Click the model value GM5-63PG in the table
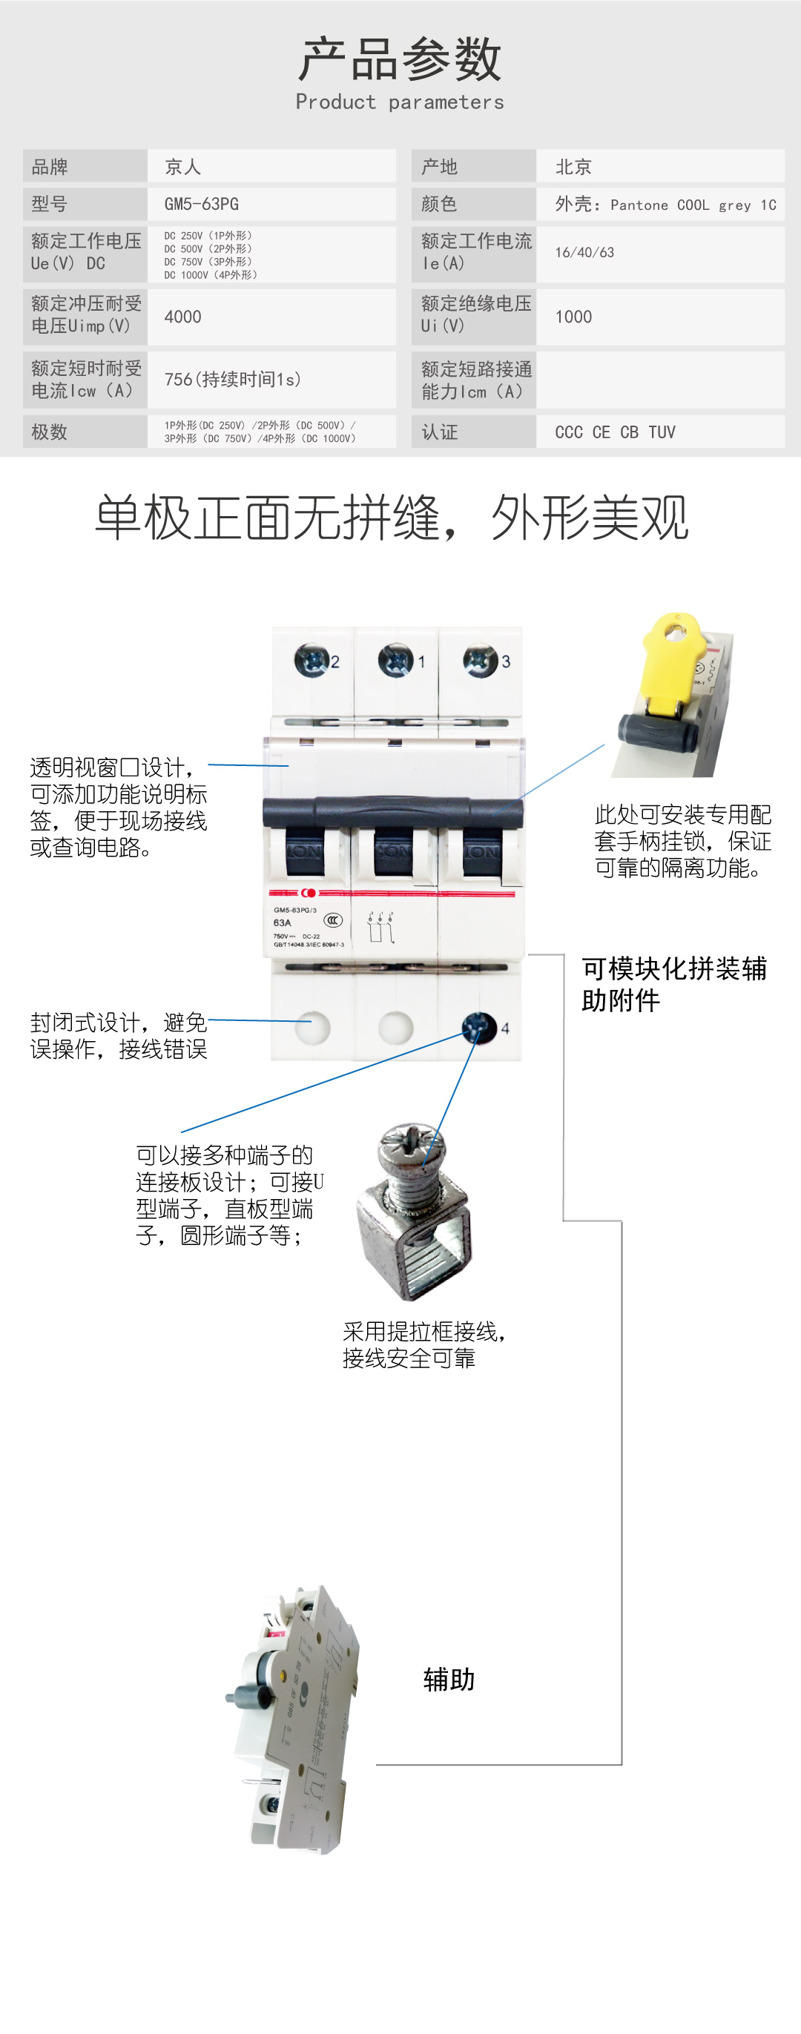[x=202, y=205]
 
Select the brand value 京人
[x=182, y=167]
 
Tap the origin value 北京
[x=573, y=167]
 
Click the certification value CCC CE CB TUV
[x=615, y=432]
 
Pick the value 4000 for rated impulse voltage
[x=182, y=317]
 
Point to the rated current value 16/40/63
[x=584, y=253]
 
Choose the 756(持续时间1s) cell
[x=232, y=380]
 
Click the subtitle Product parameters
[x=400, y=102]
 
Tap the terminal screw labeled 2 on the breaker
[x=311, y=660]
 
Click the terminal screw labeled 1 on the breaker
[x=396, y=660]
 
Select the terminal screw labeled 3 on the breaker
[x=480, y=660]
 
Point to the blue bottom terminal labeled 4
[x=478, y=1026]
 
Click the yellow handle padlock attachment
[x=671, y=663]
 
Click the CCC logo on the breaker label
[x=333, y=920]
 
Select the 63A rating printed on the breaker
[x=282, y=922]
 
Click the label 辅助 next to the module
[x=449, y=1680]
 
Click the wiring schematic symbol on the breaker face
[x=380, y=928]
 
